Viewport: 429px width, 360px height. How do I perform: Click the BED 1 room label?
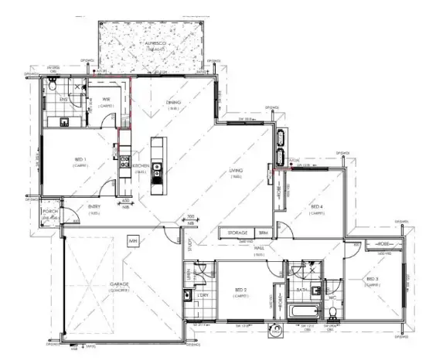coord(80,161)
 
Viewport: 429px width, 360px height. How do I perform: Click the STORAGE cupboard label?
coord(237,233)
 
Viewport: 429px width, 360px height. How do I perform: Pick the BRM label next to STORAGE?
coord(263,233)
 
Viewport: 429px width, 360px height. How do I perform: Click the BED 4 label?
coord(317,206)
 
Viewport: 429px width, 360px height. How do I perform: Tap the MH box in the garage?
coord(133,241)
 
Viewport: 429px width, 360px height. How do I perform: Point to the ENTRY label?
coord(94,206)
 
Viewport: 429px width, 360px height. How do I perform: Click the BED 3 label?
coord(373,280)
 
